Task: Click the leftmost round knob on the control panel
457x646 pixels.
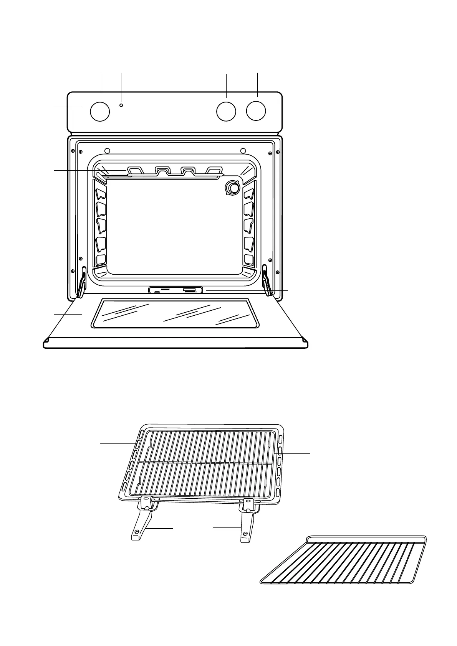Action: [100, 112]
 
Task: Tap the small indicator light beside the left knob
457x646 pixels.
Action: [121, 105]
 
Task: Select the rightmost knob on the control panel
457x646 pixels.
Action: [256, 111]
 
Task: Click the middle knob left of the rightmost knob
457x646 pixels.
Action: [226, 112]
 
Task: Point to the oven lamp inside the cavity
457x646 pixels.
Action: [232, 188]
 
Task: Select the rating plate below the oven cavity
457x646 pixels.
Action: [176, 290]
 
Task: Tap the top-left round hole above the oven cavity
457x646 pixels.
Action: [108, 150]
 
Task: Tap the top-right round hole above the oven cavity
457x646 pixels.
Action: [243, 150]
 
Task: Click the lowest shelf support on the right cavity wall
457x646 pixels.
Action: [249, 260]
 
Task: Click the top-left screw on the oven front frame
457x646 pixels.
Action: [73, 151]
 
